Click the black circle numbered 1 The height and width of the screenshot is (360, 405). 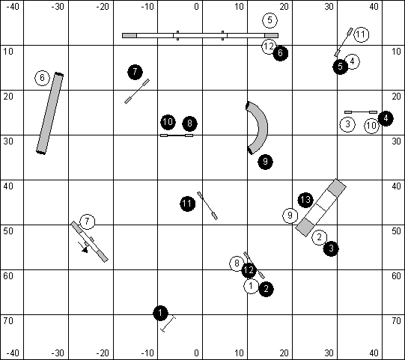(x=160, y=314)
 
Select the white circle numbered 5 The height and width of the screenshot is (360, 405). (x=270, y=20)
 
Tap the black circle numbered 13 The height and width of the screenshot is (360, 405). (x=305, y=200)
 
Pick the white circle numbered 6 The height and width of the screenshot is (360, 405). (x=42, y=78)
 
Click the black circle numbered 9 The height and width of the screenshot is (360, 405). (x=265, y=162)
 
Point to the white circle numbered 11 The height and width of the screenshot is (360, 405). (x=361, y=34)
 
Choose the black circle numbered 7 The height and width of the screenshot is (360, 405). (x=135, y=72)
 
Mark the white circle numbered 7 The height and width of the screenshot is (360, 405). (x=88, y=222)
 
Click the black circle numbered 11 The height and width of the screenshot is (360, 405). (x=187, y=204)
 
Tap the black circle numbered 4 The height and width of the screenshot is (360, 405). (x=386, y=118)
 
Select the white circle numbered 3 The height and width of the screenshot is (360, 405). (x=347, y=124)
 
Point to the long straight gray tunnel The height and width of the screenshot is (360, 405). (x=49, y=114)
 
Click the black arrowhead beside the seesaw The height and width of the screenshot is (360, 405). (x=85, y=250)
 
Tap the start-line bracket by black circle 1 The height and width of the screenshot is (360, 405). (x=168, y=324)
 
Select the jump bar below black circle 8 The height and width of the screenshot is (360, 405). (x=177, y=135)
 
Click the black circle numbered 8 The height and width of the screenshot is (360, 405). (x=190, y=123)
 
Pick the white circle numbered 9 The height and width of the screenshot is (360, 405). (x=290, y=216)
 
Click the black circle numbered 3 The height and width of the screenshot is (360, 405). (x=331, y=248)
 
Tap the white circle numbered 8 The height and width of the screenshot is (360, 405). (x=237, y=263)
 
